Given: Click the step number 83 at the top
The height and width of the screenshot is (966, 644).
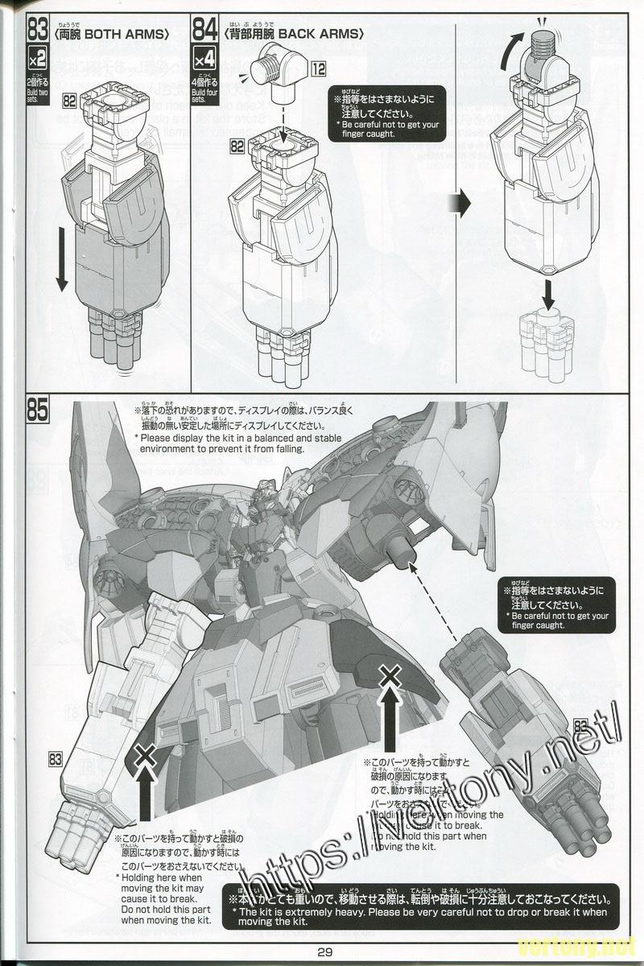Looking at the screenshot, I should [x=38, y=31].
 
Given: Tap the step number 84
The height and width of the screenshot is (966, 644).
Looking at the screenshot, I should [x=204, y=31].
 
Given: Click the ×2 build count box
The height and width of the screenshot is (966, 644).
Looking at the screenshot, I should [x=38, y=59].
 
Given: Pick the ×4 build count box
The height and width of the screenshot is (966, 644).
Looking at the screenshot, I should [x=204, y=59].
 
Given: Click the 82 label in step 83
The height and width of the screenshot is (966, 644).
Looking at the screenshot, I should [x=68, y=101].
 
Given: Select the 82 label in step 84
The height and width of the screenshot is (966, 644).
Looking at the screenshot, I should [x=237, y=146].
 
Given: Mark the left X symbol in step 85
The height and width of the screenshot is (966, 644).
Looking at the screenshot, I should [x=145, y=755].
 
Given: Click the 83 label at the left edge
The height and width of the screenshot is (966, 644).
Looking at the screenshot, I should [x=56, y=758].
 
